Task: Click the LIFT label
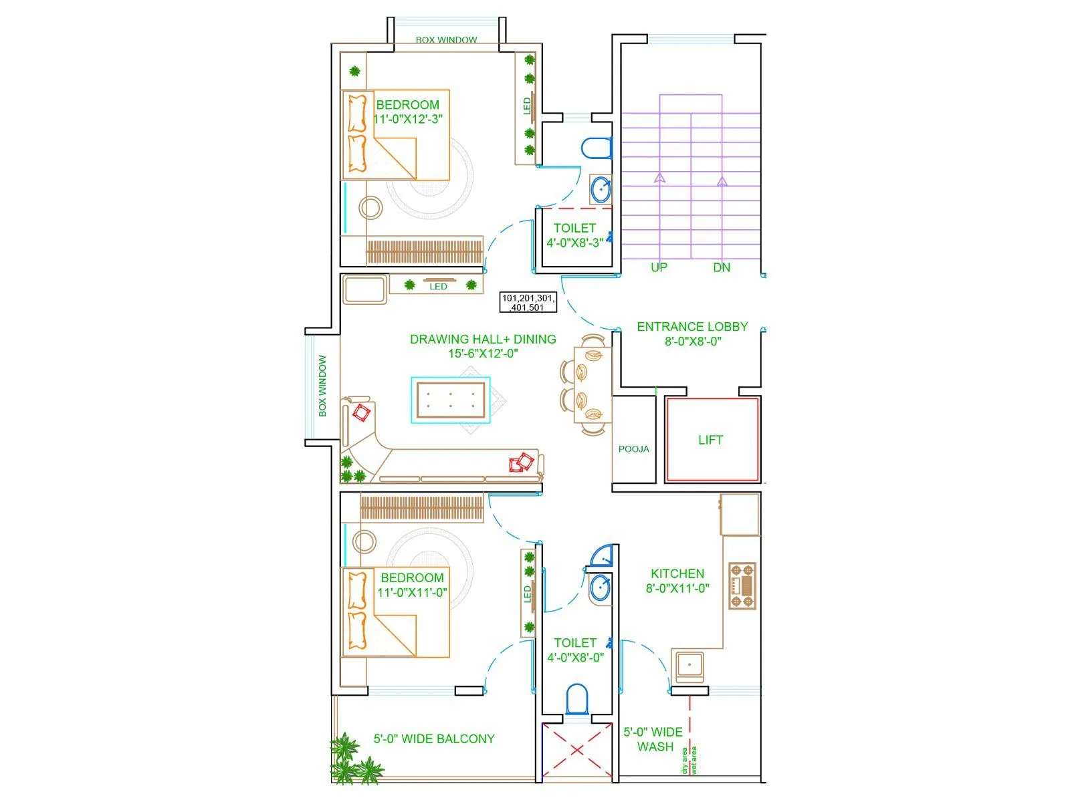pos(710,440)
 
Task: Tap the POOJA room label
pos(633,449)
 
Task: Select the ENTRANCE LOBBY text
pos(692,327)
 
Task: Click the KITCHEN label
pos(677,573)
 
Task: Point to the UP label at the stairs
pos(659,267)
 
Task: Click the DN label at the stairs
pos(722,267)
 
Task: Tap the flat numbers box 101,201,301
pos(528,303)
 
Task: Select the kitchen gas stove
pos(742,586)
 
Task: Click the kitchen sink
pos(689,666)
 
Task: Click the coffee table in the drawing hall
pos(451,400)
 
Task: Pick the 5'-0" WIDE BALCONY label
pos(434,739)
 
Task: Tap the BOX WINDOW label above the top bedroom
pos(446,40)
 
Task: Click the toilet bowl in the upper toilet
pos(596,148)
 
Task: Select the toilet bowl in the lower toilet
pos(576,698)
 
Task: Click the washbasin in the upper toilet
pos(601,189)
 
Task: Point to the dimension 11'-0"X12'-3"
pos(408,119)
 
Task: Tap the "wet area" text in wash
pos(693,761)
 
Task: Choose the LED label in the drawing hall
pos(438,287)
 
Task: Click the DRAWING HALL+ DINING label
pos(483,339)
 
